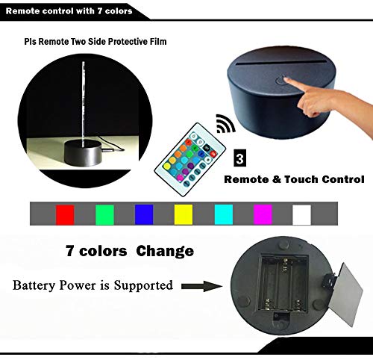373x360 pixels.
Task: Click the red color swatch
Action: (65, 214)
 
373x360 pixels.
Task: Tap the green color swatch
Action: (104, 214)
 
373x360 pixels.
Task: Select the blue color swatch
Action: (144, 214)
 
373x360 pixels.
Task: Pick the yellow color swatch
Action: (184, 214)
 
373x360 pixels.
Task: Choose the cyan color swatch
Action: (224, 214)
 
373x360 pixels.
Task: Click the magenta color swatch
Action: (263, 214)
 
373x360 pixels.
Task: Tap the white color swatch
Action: (302, 214)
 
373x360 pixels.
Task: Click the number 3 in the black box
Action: (240, 158)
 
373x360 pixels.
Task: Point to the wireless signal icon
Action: (225, 123)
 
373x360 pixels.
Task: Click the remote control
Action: (190, 159)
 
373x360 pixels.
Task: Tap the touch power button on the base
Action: (281, 80)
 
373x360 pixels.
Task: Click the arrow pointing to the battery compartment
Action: (202, 286)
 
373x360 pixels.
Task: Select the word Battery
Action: (34, 285)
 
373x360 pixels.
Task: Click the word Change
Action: (165, 251)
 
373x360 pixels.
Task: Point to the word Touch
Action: (301, 179)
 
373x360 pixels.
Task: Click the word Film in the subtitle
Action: (158, 41)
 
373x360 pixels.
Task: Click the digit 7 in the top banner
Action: (99, 11)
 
